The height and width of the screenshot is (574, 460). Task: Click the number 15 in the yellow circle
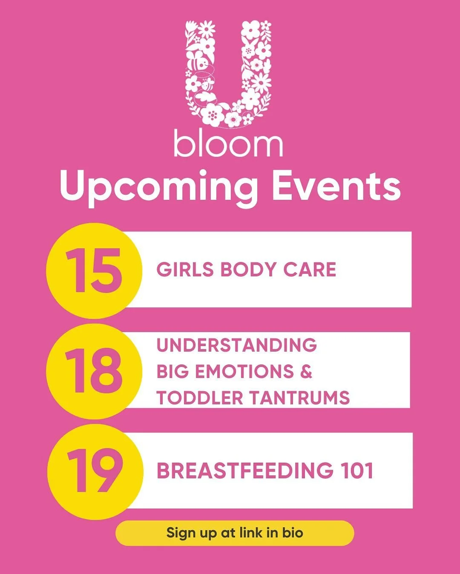tap(94, 270)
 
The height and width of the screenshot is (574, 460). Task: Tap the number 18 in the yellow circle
tap(94, 371)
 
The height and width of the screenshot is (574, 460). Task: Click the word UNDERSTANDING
tap(236, 345)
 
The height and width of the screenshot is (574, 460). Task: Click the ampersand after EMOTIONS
tap(306, 371)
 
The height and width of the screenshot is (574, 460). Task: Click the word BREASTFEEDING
tap(244, 471)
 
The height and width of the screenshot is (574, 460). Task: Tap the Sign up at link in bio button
tap(235, 533)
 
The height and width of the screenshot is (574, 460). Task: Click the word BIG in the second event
tap(172, 371)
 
